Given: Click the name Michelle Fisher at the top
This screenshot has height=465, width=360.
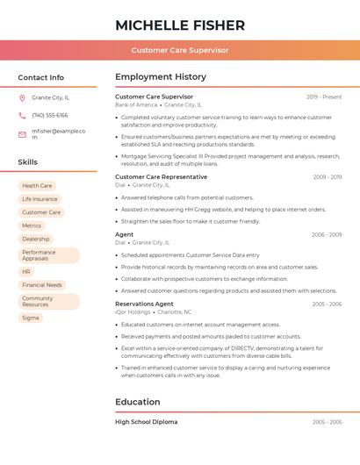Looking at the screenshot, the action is point(180,25).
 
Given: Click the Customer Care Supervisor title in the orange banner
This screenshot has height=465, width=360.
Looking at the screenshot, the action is point(180,50).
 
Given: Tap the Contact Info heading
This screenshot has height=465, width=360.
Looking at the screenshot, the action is point(41,77).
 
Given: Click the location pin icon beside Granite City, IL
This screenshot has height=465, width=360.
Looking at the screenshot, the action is point(22,98).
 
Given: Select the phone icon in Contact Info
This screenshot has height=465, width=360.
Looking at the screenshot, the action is point(22,115).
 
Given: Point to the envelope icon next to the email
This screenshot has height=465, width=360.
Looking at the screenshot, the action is point(22,134).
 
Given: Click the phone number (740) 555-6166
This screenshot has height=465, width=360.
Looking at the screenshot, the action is point(50,115).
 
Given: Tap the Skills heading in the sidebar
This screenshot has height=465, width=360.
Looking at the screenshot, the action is point(28,162).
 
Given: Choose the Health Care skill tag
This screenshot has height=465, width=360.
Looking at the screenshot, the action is point(37,186).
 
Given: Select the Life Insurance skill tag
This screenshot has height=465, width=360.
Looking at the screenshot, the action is point(40,199).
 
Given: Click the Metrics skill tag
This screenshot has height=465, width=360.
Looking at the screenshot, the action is point(32,225).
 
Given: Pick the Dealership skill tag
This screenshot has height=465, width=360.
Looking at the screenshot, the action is point(36,239).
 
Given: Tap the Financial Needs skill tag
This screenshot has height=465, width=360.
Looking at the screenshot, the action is point(42,285).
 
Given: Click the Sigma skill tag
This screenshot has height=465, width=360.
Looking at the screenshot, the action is point(31,318).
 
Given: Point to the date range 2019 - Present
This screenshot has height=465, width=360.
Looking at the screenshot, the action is point(324,97).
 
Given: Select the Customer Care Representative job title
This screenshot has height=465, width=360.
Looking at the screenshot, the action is point(162,176).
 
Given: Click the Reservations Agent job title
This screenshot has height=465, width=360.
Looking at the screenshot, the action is point(145,304).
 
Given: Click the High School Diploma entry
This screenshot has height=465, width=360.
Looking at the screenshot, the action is point(147,422).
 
